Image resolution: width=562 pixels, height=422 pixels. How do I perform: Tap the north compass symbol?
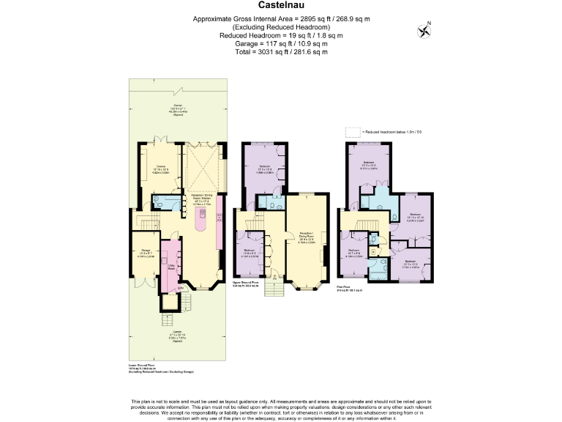(424, 30)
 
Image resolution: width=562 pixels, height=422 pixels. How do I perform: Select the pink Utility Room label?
(171, 269)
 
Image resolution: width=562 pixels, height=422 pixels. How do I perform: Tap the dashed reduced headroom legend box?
(353, 132)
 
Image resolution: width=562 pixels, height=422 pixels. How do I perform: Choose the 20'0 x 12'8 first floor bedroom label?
(369, 164)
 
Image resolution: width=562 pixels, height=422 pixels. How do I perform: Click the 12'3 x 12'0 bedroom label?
(411, 263)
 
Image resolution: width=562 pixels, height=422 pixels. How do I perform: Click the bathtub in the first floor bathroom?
(378, 271)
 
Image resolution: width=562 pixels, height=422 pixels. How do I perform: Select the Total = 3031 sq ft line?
(280, 52)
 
